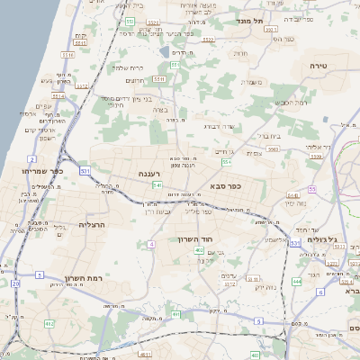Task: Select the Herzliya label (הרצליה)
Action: [x=94, y=224]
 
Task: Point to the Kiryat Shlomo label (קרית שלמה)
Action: [x=130, y=67]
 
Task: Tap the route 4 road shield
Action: [x=152, y=244]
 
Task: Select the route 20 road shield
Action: [x=15, y=283]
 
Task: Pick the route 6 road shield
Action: [x=321, y=292]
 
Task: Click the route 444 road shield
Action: [x=297, y=281]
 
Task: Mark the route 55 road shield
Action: [x=311, y=189]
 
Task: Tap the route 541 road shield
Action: [x=157, y=185]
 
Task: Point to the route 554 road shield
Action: [x=227, y=163]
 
